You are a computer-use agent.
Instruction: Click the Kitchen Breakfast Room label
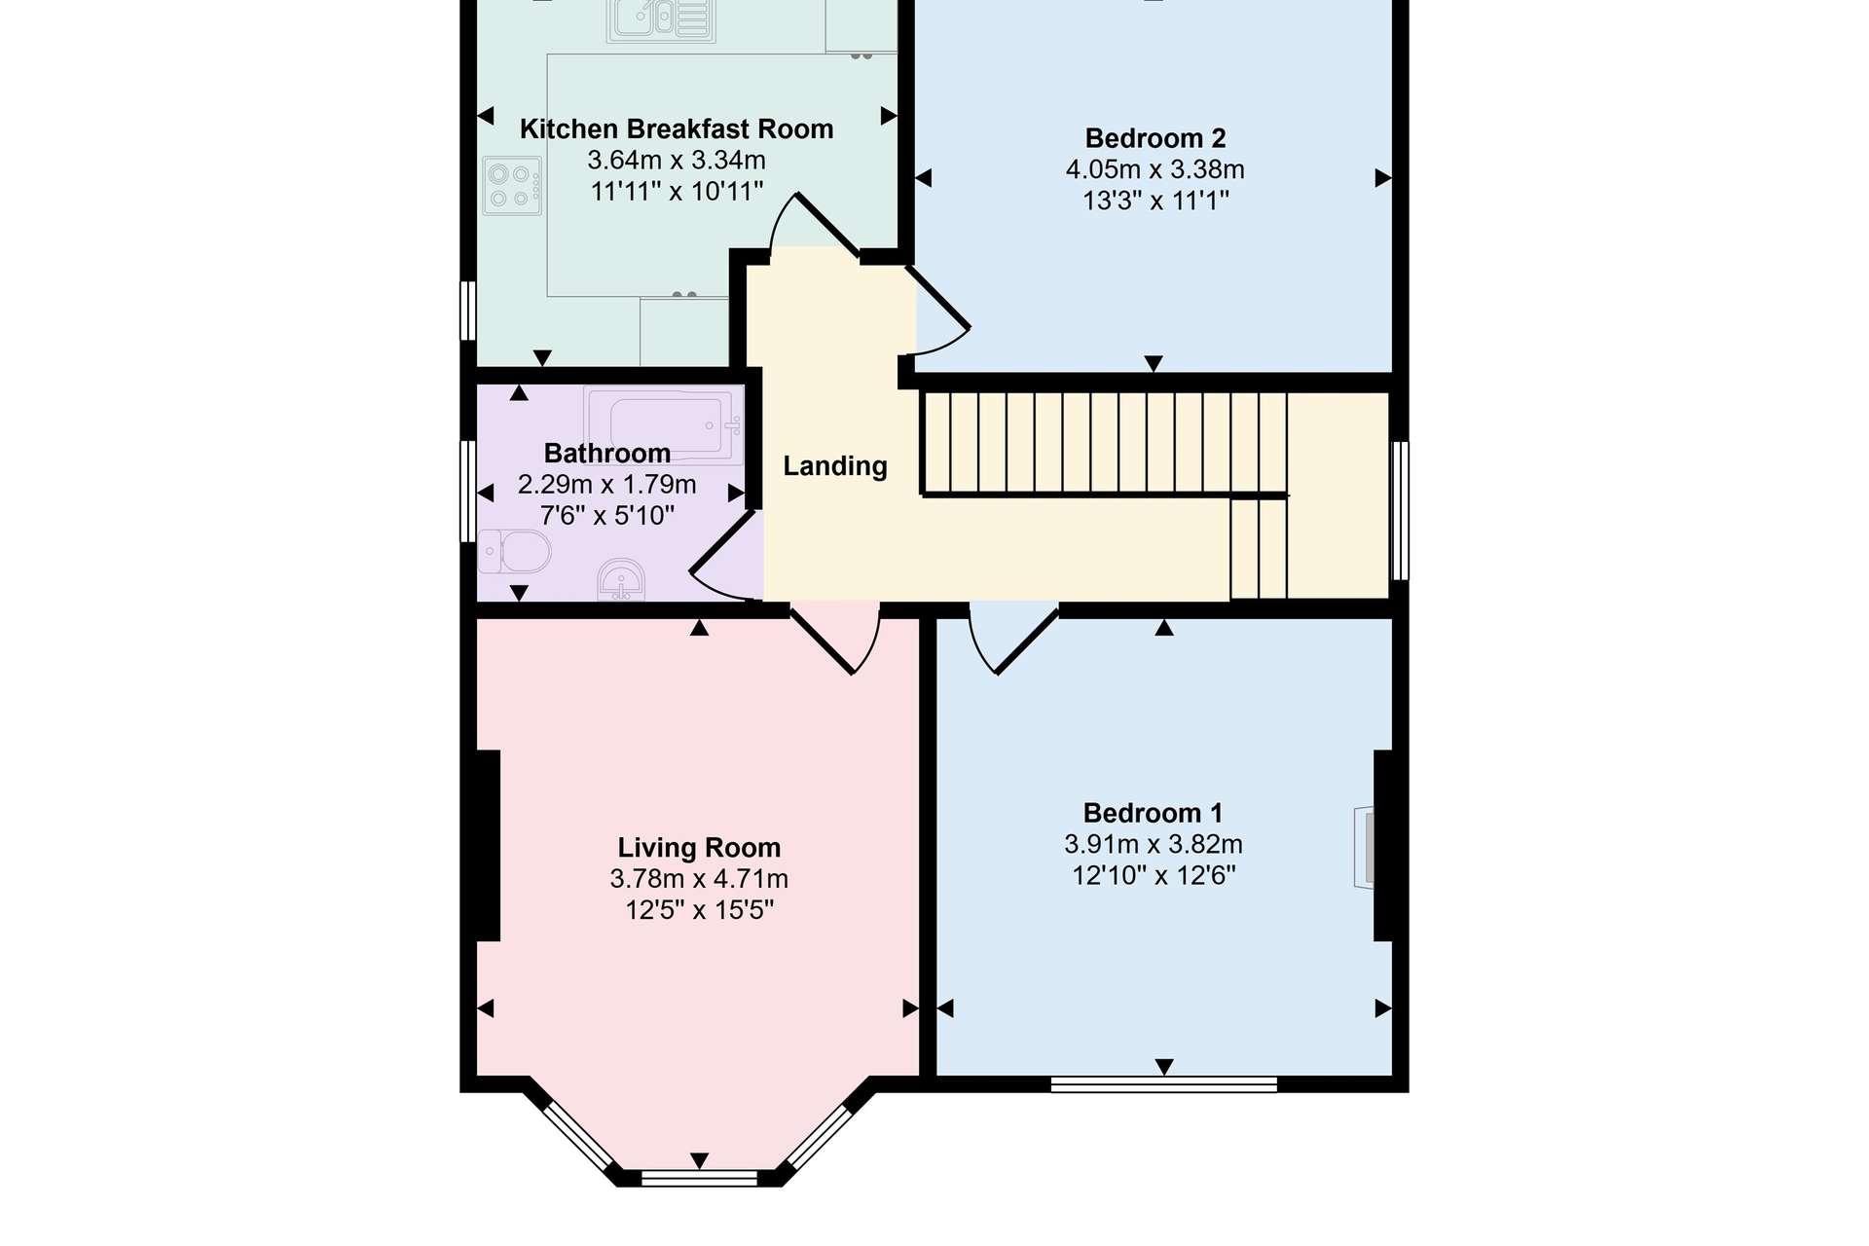click(x=677, y=129)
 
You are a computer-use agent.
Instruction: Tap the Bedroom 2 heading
click(x=1155, y=138)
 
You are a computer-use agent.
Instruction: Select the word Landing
click(x=835, y=466)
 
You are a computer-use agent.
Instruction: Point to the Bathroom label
click(x=607, y=453)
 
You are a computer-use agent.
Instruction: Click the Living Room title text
click(x=699, y=848)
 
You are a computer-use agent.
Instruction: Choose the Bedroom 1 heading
click(x=1154, y=813)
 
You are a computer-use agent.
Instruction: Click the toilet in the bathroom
click(x=514, y=552)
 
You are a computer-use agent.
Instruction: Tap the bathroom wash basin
click(x=621, y=581)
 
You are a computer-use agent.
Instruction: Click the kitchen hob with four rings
click(x=511, y=186)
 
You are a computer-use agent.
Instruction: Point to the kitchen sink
click(x=661, y=19)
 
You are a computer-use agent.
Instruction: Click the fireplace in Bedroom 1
click(x=1364, y=847)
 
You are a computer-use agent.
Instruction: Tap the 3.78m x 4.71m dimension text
click(x=699, y=879)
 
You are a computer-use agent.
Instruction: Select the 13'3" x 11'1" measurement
click(x=1155, y=201)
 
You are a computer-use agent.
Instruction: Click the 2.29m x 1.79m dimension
click(x=607, y=484)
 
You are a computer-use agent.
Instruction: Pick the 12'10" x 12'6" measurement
click(x=1154, y=875)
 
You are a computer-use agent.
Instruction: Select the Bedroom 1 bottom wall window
click(x=1164, y=1084)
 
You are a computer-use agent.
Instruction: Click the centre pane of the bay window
click(x=699, y=1178)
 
